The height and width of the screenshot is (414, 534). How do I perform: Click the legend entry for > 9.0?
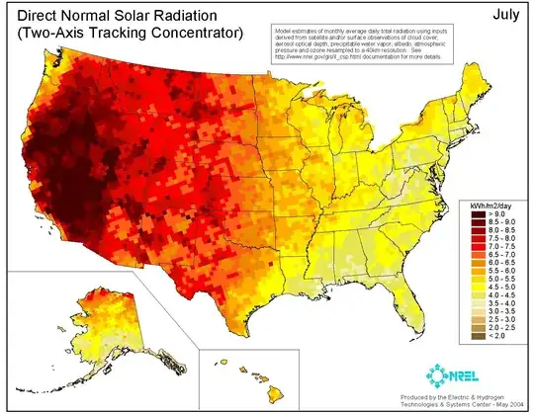494,215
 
